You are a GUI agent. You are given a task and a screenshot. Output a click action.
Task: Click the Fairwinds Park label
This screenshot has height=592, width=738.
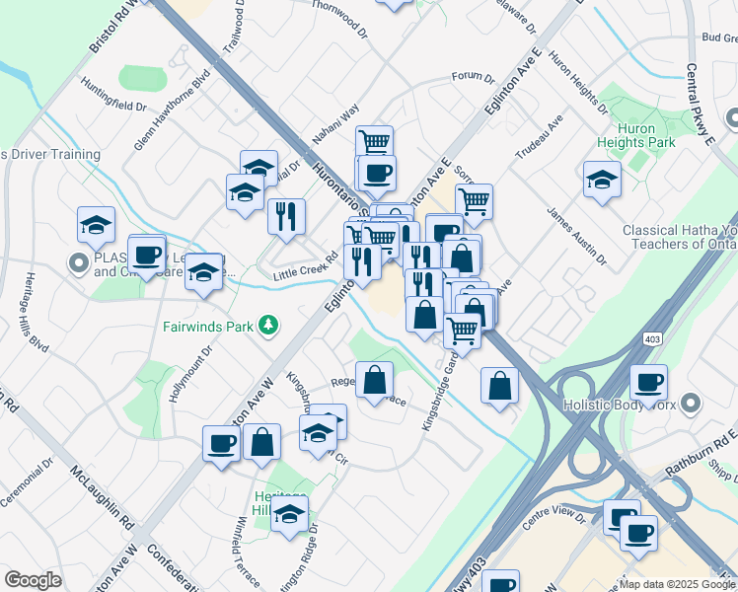209,325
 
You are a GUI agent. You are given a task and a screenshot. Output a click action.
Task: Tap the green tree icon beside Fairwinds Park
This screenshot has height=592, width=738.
266,325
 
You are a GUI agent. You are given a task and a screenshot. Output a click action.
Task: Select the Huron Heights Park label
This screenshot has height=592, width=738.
646,135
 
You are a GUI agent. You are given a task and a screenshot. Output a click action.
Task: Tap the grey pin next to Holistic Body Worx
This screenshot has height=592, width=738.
691,403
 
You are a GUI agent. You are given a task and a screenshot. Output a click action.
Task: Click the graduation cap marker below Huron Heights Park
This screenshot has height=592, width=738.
601,181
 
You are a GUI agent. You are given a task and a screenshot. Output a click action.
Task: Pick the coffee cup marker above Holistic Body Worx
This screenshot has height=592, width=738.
648,382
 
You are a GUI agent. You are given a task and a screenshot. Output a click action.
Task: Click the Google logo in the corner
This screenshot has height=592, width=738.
33,580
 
